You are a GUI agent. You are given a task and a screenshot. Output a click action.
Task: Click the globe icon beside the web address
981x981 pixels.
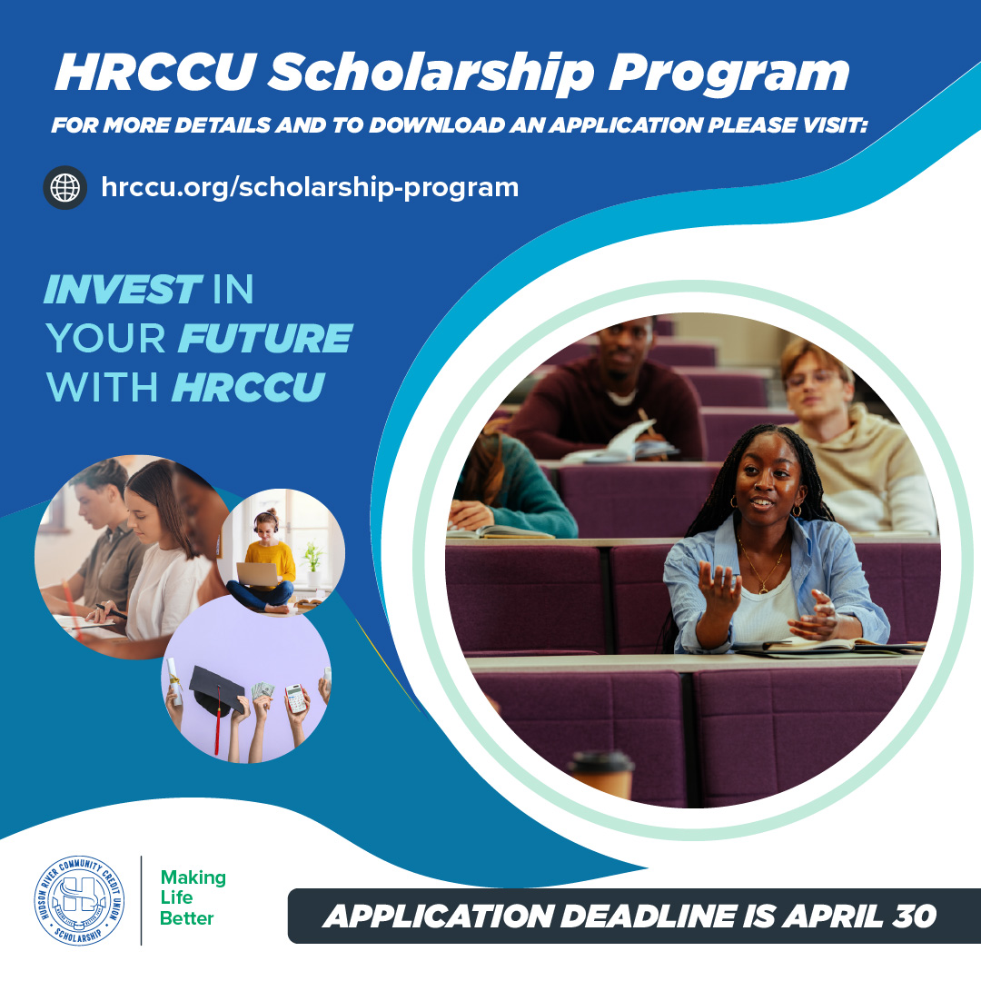point(65,188)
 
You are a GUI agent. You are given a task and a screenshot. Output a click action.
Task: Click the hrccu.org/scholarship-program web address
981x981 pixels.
point(310,188)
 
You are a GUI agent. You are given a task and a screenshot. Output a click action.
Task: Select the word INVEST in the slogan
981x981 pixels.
point(122,292)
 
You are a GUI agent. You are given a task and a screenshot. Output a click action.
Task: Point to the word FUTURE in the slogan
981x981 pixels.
point(264,340)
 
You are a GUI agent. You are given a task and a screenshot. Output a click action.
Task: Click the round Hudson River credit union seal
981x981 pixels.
point(80,900)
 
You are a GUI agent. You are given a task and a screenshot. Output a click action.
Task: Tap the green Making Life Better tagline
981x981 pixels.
point(193,898)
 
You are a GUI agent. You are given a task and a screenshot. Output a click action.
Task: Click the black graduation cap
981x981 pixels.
point(216,690)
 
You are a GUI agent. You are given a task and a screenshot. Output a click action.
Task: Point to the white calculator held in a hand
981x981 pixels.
point(296,697)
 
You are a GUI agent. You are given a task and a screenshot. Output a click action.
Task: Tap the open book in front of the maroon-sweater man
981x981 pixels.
point(627,445)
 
